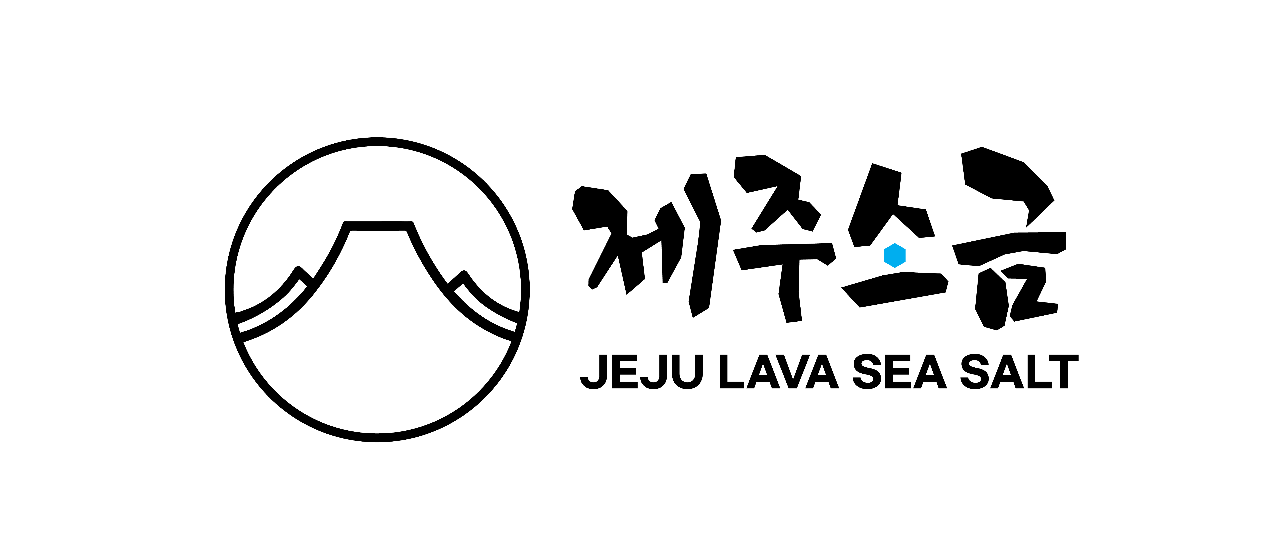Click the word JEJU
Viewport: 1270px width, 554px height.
(641, 372)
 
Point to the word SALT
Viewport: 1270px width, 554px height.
(1019, 372)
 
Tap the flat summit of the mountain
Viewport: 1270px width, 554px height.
(378, 226)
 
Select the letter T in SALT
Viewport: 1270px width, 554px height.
(1064, 372)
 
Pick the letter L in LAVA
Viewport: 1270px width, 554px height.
(732, 372)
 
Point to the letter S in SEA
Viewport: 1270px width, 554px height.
(867, 372)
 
